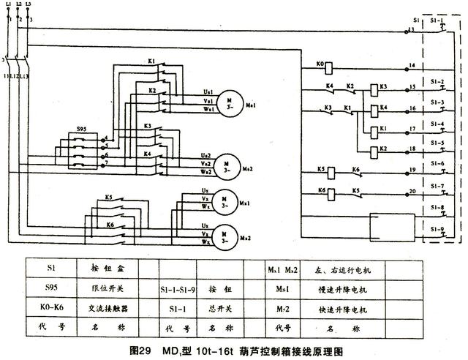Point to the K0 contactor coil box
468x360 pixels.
click(329, 67)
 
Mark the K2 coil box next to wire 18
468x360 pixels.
click(374, 151)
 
